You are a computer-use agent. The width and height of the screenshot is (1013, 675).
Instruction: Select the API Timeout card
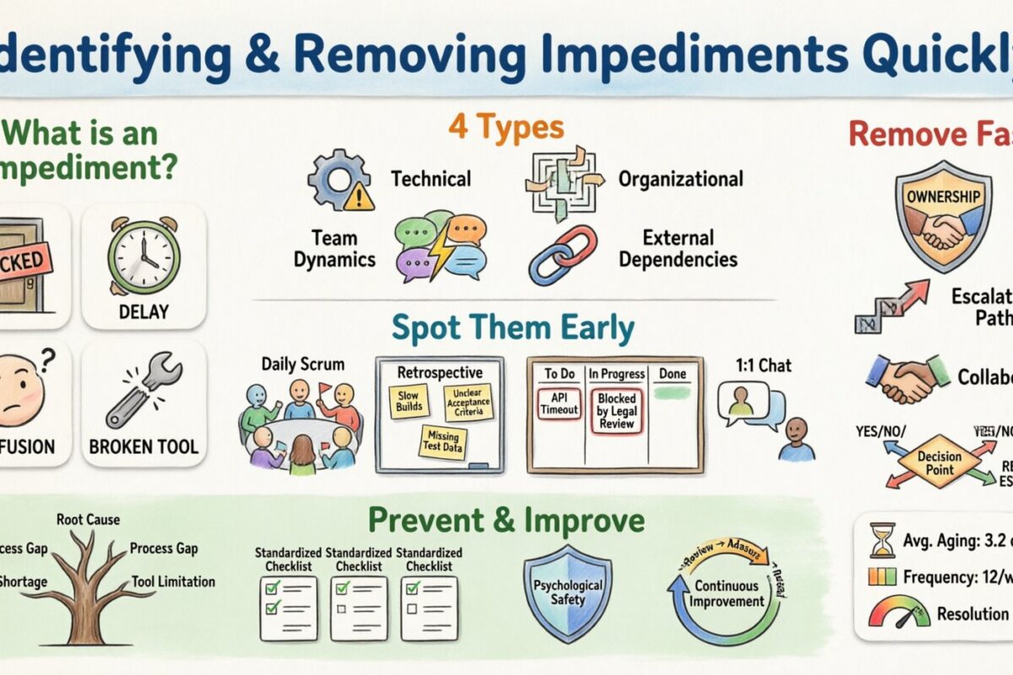point(558,403)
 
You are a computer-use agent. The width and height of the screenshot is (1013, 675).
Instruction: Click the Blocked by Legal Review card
point(616,411)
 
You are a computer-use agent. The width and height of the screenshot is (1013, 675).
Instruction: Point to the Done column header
point(673,374)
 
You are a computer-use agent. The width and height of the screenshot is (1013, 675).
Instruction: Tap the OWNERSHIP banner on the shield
point(943,197)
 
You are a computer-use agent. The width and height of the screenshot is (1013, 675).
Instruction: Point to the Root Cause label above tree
point(88,520)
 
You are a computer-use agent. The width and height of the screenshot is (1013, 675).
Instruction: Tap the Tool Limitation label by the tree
point(173,581)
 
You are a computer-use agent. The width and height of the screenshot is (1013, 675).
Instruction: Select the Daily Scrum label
point(303,364)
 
